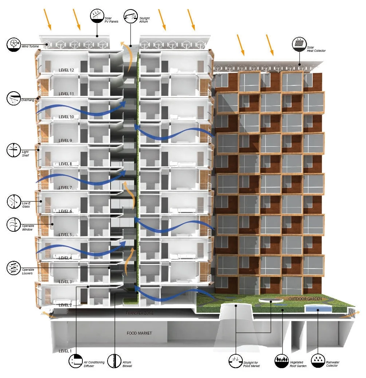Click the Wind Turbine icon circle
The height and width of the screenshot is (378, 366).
click(x=13, y=45)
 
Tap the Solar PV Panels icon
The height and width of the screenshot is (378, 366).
click(x=97, y=16)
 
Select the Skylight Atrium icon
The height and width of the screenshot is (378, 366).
click(x=130, y=17)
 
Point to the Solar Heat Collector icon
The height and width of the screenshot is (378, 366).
click(x=299, y=45)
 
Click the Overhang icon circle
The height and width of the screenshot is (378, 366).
click(x=13, y=98)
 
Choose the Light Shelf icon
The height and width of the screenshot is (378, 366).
click(x=13, y=150)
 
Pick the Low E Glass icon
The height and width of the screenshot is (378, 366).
click(x=13, y=201)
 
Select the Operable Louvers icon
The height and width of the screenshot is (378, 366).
click(x=13, y=268)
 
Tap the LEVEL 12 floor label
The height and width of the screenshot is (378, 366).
click(x=69, y=70)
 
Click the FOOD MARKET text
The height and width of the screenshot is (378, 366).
click(x=139, y=333)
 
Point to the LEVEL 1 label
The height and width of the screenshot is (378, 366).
click(x=66, y=351)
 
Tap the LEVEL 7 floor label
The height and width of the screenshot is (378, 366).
click(x=66, y=188)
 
